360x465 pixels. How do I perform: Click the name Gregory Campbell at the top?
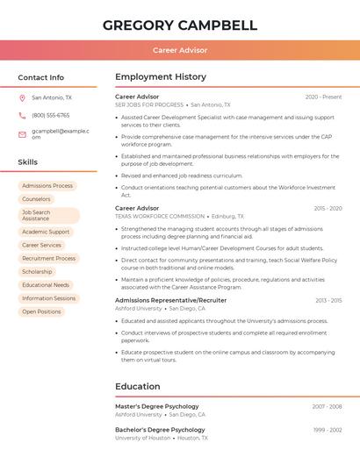click(180, 25)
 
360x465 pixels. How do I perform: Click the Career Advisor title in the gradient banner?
click(180, 50)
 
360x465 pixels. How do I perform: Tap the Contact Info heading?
click(40, 77)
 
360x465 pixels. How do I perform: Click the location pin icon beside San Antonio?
click(22, 98)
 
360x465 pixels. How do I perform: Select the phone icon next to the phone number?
click(22, 115)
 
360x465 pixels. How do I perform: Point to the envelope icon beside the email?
click(22, 134)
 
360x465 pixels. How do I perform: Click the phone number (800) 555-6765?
click(50, 115)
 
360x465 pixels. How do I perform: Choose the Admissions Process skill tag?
click(47, 186)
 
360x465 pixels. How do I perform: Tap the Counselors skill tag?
click(36, 199)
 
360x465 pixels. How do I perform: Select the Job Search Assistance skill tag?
click(48, 216)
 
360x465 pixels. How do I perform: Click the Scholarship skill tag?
click(37, 272)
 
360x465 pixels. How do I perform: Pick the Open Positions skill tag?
click(41, 311)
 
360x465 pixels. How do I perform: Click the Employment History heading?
click(161, 77)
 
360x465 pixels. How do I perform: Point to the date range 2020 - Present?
click(323, 97)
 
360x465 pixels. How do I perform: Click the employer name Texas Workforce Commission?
click(160, 216)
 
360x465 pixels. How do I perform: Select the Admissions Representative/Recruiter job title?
click(170, 300)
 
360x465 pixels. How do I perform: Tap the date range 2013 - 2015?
click(328, 300)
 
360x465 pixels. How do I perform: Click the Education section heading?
click(138, 386)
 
